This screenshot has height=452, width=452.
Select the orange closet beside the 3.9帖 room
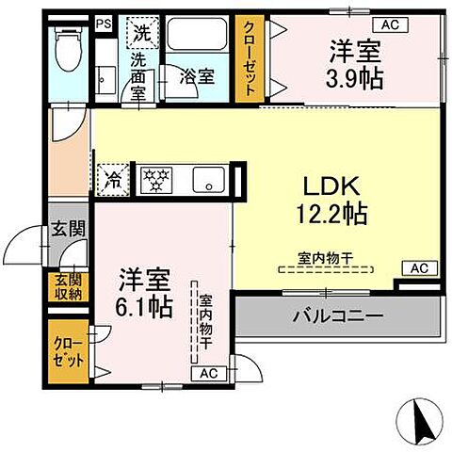tap(250, 57)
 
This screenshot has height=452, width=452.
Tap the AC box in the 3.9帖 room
tap(388, 23)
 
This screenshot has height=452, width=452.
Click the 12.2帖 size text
tap(327, 214)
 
